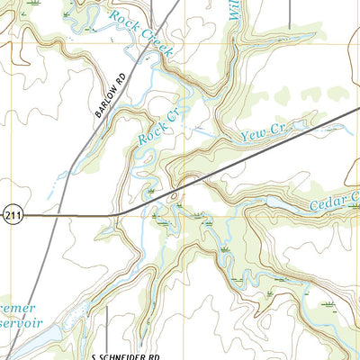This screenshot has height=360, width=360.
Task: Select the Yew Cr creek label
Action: pos(265,133)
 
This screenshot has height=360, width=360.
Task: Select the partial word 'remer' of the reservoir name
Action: pos(18,307)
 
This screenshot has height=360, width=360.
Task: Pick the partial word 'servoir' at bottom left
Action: pos(20,324)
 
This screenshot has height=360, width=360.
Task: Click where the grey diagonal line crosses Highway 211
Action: pos(43,215)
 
